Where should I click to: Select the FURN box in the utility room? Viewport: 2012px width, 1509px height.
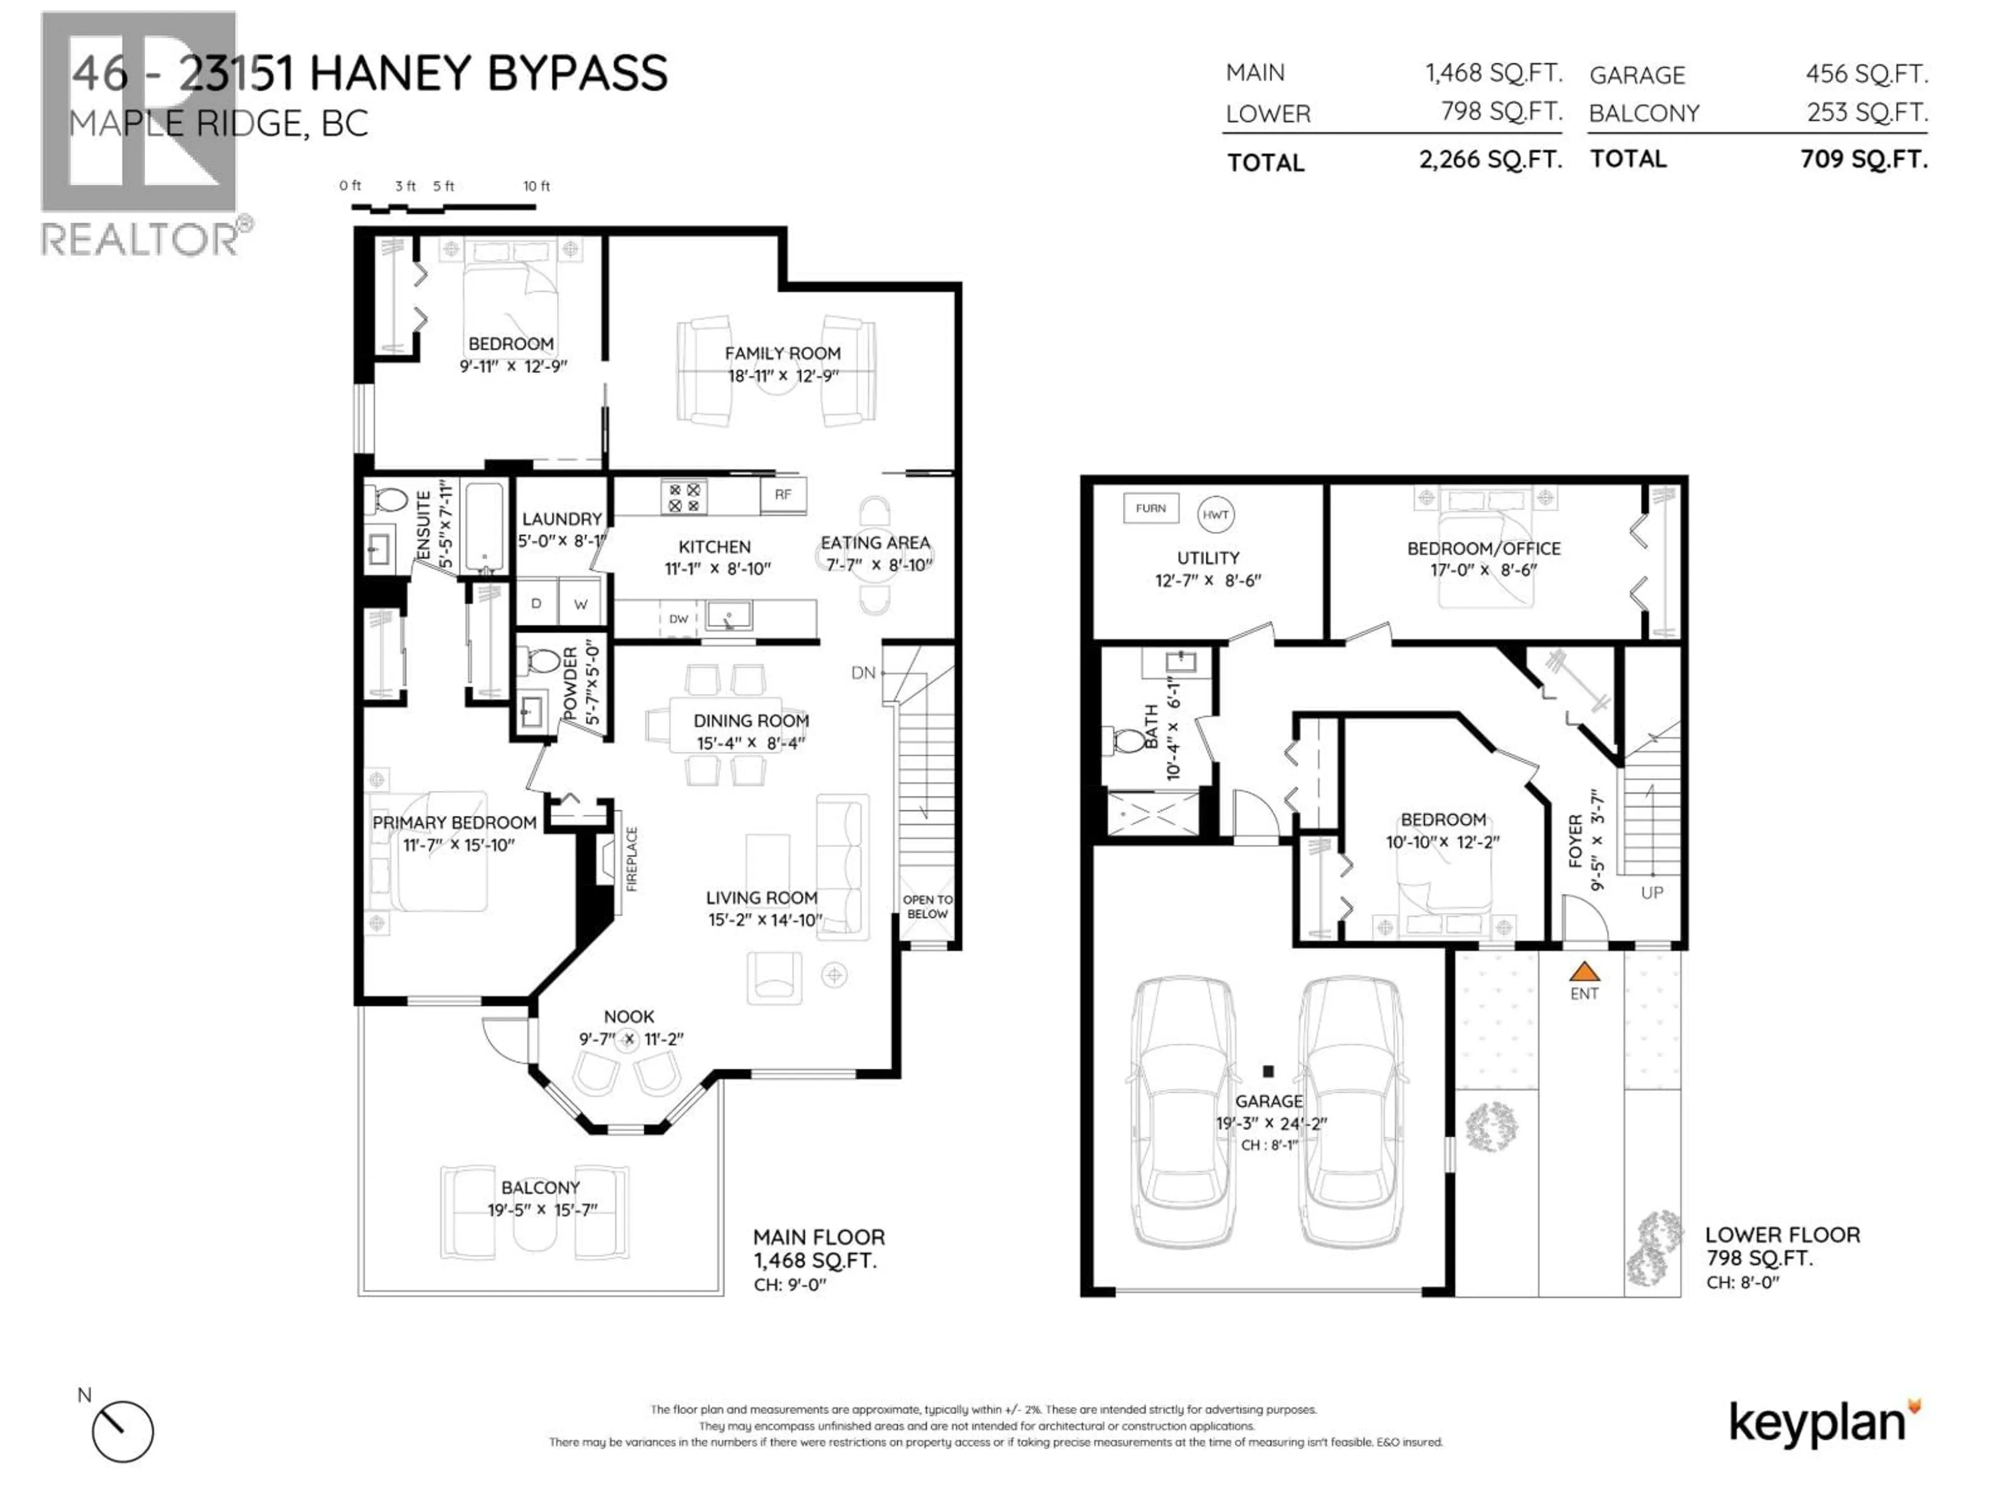coord(1151,508)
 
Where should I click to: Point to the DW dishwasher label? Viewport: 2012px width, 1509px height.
coord(679,618)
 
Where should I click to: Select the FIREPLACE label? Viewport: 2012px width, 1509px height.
coord(631,859)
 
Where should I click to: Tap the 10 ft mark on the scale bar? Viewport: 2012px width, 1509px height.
coord(537,185)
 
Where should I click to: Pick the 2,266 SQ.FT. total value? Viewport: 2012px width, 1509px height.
coord(1490,160)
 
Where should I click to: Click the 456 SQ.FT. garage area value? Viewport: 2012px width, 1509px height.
coord(1866,74)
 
